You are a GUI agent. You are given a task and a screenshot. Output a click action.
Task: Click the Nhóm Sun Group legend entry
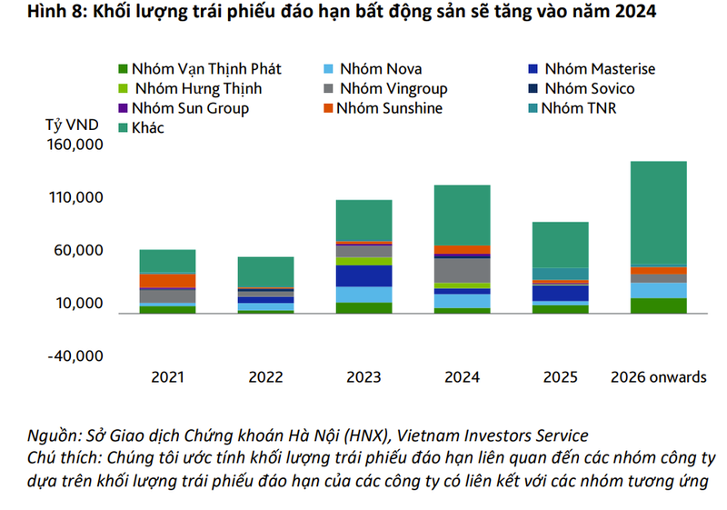(x=189, y=108)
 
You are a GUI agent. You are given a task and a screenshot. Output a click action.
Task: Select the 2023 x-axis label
(x=363, y=377)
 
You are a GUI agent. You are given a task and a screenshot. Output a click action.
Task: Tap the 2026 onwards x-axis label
(x=659, y=377)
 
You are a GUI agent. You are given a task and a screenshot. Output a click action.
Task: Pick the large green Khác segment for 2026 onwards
(x=659, y=213)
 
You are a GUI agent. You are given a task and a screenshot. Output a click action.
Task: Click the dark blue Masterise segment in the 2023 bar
(x=363, y=275)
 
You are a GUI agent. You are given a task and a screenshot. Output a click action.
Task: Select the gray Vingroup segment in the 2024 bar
(x=462, y=270)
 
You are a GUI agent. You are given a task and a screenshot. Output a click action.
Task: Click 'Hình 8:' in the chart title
(x=35, y=13)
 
